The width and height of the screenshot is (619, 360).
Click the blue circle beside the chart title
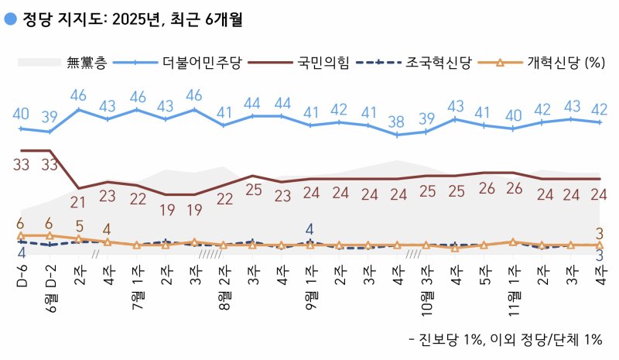click(11, 19)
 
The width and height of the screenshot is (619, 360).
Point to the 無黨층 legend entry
click(87, 63)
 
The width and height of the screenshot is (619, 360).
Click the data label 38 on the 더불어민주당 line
click(396, 120)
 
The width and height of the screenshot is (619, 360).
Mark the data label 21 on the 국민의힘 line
click(79, 203)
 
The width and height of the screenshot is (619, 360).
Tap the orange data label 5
click(79, 226)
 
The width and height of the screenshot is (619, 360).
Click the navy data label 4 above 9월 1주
click(309, 228)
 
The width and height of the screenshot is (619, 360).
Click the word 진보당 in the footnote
click(438, 338)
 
